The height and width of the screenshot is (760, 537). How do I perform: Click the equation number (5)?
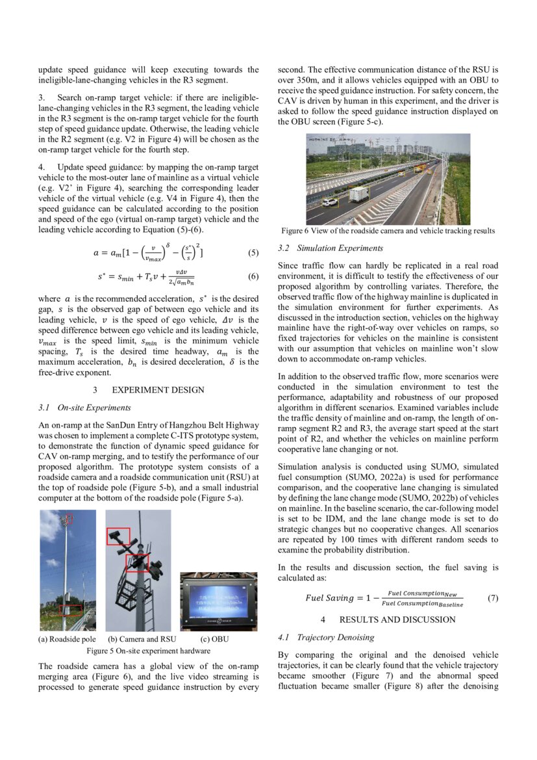point(253,254)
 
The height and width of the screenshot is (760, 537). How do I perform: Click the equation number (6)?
point(253,276)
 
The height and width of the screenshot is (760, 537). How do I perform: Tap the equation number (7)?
point(492,597)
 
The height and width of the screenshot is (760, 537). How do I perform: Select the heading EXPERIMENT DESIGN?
point(158,390)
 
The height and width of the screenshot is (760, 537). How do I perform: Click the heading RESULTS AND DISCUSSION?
point(397,620)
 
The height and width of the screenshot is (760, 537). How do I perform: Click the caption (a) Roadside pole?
point(68,639)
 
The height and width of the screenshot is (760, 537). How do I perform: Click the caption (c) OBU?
point(215,639)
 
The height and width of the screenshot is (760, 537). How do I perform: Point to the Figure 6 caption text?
point(388,231)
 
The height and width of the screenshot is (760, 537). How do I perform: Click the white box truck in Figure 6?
point(358,194)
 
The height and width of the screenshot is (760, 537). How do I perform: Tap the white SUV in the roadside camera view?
point(330,202)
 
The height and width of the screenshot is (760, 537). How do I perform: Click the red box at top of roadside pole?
point(69,519)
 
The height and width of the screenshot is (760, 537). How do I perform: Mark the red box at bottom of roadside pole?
point(71,609)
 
